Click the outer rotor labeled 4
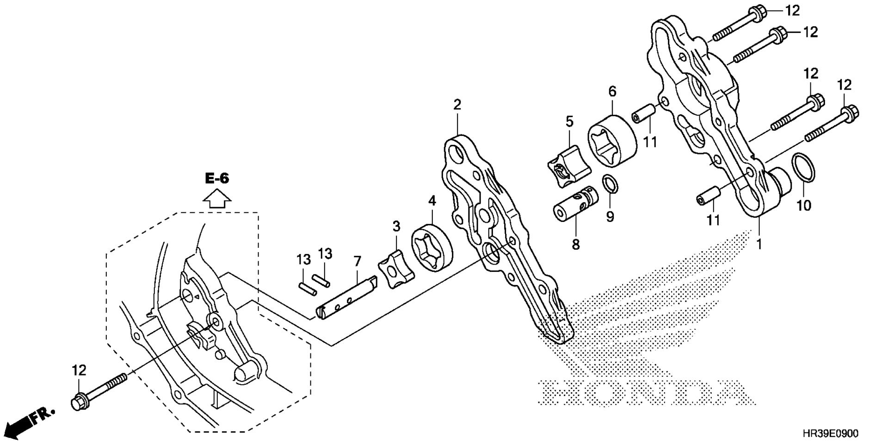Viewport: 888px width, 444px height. click(x=432, y=248)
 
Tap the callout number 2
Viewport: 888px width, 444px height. click(x=457, y=104)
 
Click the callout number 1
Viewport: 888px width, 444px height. click(x=758, y=244)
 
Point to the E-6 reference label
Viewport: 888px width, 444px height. click(x=217, y=178)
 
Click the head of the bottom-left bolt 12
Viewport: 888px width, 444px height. click(x=79, y=401)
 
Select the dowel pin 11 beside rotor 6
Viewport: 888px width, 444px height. click(x=643, y=114)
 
